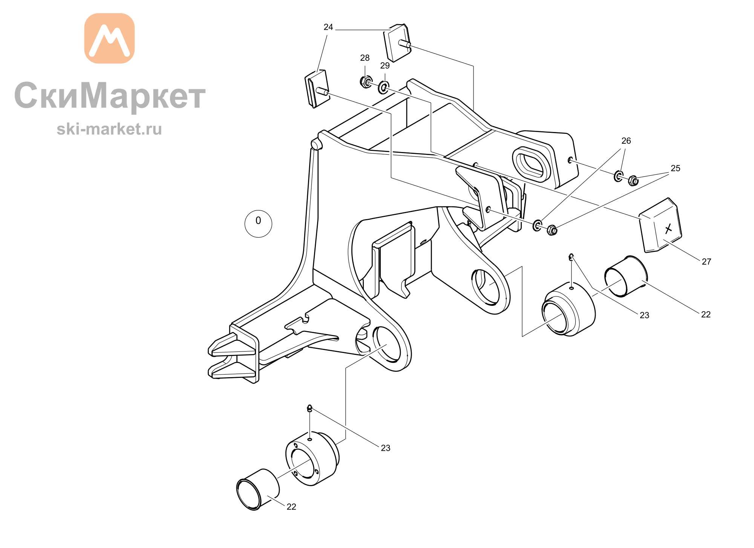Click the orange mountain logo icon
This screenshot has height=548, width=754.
tap(109, 38)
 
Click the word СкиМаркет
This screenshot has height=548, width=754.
tap(110, 96)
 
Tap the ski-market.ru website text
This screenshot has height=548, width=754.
tap(109, 129)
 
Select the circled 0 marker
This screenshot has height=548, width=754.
tap(258, 224)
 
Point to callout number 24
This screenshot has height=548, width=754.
tap(328, 27)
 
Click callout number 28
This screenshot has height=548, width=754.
tap(365, 58)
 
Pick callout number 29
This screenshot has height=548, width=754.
tap(385, 66)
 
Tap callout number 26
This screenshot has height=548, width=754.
tap(626, 141)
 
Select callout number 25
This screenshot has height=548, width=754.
tap(676, 168)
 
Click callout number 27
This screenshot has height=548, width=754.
tap(706, 262)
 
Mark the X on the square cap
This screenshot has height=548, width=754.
tap(668, 229)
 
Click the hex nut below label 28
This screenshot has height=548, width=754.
tap(366, 82)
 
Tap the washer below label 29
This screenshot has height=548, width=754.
tap(383, 88)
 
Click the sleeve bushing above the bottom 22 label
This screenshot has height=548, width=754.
tap(258, 490)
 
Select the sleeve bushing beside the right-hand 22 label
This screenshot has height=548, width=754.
tap(626, 276)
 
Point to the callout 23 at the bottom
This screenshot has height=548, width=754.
tap(386, 448)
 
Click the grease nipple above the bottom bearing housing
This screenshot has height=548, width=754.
tap(310, 408)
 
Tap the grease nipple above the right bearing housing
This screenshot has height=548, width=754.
tap(571, 257)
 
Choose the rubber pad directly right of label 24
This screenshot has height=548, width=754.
tap(397, 43)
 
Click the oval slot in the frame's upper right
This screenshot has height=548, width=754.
tap(531, 165)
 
